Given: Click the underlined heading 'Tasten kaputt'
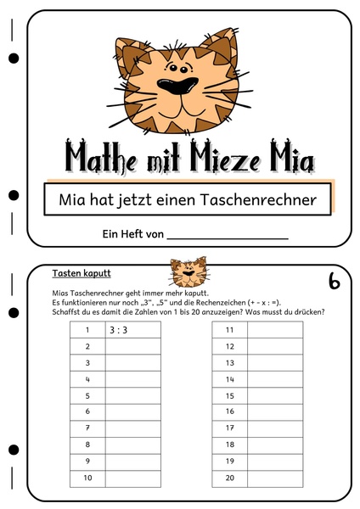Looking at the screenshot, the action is (x=82, y=274).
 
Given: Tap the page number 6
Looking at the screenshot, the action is (x=334, y=281).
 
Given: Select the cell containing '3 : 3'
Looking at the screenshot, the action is (x=132, y=330).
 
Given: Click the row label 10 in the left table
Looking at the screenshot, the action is (x=87, y=478).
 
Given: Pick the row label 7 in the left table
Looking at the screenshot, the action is (x=87, y=428).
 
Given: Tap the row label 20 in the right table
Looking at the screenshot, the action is (x=229, y=478).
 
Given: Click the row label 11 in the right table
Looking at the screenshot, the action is (x=229, y=330).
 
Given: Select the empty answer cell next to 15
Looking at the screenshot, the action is (x=274, y=395).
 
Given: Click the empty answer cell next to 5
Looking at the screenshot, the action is (x=132, y=395).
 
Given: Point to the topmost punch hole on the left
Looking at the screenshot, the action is (x=14, y=59).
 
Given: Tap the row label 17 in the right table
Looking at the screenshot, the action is (x=229, y=428).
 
